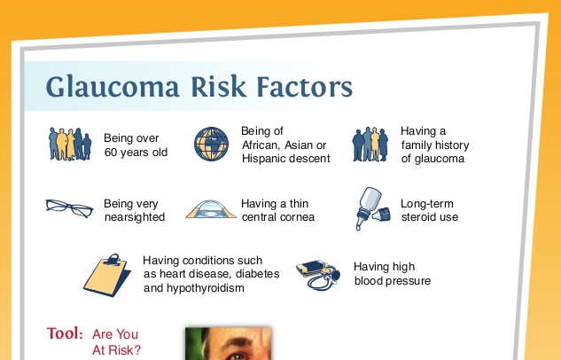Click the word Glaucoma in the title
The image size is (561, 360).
tap(113, 87)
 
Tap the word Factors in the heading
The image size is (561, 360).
tap(305, 86)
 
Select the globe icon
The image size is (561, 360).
tap(211, 144)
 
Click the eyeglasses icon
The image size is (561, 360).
tap(69, 207)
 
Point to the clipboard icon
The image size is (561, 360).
tap(107, 276)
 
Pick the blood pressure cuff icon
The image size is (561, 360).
tap(317, 275)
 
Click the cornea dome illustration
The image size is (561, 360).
tap(211, 209)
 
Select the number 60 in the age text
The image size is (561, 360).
tap(111, 153)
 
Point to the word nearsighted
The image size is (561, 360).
tap(135, 217)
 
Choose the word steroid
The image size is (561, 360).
tap(417, 217)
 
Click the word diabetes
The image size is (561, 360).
tap(258, 274)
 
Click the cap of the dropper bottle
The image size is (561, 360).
tap(381, 215)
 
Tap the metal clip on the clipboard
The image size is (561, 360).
tap(113, 260)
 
